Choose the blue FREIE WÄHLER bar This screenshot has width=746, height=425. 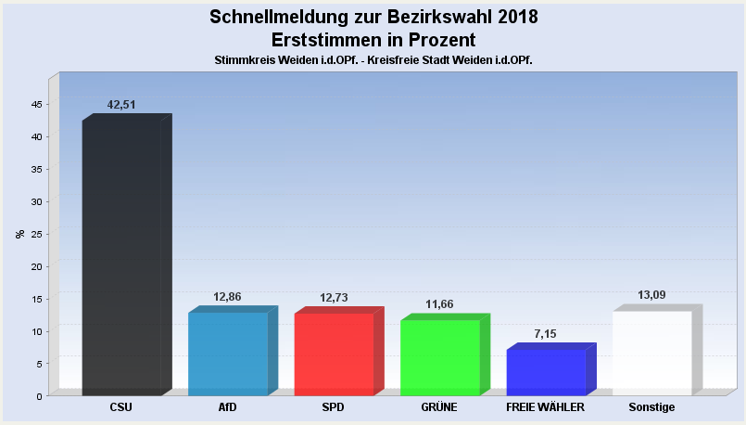(546, 372)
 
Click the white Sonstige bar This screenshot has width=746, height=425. (651, 353)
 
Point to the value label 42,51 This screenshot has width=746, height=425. (121, 105)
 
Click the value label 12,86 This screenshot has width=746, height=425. (227, 297)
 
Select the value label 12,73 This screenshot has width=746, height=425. (334, 298)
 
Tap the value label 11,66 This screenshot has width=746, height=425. (439, 304)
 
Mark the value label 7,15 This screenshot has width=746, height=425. (546, 334)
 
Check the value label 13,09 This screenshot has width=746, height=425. (651, 295)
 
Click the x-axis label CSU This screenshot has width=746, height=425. (121, 407)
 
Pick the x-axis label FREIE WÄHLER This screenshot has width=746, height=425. (546, 407)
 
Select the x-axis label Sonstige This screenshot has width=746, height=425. (651, 407)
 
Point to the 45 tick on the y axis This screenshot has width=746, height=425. (36, 104)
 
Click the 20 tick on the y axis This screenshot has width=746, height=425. (36, 266)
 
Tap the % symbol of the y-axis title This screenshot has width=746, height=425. (20, 234)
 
